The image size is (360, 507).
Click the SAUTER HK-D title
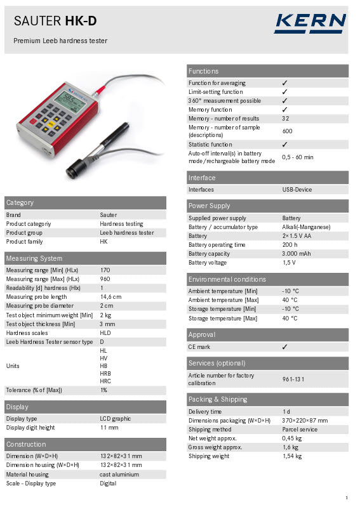55,22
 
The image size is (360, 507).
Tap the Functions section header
203,71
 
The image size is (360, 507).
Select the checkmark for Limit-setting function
284,92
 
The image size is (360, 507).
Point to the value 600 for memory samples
287,131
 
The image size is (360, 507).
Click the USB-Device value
297,190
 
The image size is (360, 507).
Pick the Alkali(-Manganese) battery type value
306,227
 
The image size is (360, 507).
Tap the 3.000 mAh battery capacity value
296,254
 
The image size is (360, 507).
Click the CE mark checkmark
284,347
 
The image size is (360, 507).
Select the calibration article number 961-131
293,379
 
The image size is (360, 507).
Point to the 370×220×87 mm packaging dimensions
305,421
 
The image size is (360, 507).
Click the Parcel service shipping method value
300,430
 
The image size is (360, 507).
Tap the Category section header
20,202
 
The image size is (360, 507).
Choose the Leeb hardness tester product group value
126,233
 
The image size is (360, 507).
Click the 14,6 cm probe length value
110,296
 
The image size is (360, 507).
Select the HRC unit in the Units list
105,381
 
